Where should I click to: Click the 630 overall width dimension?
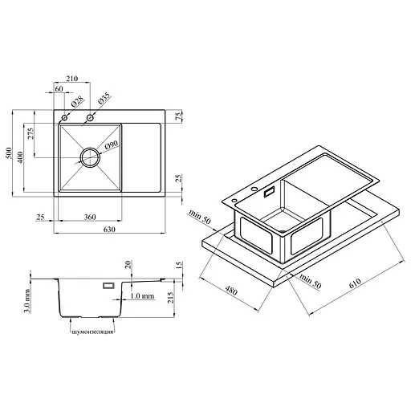click(109, 230)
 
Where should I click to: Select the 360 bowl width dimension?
click(90, 217)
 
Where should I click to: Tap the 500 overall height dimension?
click(9, 153)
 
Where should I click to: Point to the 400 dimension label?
click(20, 157)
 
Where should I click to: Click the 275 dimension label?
click(31, 133)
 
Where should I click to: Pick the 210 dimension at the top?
click(72, 79)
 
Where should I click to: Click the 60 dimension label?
click(59, 88)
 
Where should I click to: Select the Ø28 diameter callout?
click(77, 101)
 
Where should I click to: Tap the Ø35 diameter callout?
click(104, 98)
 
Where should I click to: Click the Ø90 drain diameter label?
click(111, 144)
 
